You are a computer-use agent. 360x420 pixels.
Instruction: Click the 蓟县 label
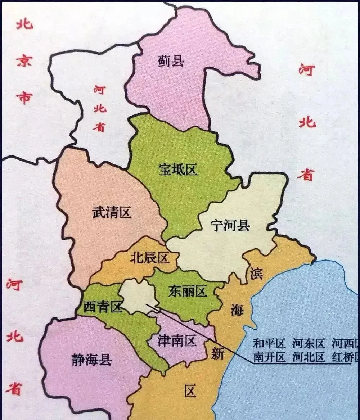click(x=171, y=62)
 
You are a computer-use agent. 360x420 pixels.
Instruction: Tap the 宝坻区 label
click(x=178, y=170)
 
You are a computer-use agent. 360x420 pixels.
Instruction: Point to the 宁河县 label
click(x=230, y=226)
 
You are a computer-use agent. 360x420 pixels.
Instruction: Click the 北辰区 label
click(x=149, y=258)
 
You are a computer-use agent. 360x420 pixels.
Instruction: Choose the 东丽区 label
click(x=188, y=291)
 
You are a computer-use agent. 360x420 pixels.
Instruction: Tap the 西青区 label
click(x=103, y=307)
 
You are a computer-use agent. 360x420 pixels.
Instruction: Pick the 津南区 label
click(x=177, y=340)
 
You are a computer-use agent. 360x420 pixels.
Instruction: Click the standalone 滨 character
click(x=256, y=274)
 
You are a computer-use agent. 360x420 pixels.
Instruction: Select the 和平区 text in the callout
click(x=270, y=344)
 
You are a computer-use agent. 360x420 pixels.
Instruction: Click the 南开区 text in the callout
click(x=270, y=357)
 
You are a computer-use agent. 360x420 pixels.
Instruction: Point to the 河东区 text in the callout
click(x=309, y=344)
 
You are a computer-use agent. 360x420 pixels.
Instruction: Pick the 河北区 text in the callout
click(x=309, y=357)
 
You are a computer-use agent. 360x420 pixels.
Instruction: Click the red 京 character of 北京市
click(x=24, y=60)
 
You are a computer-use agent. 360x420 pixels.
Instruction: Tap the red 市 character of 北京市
click(x=24, y=97)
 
